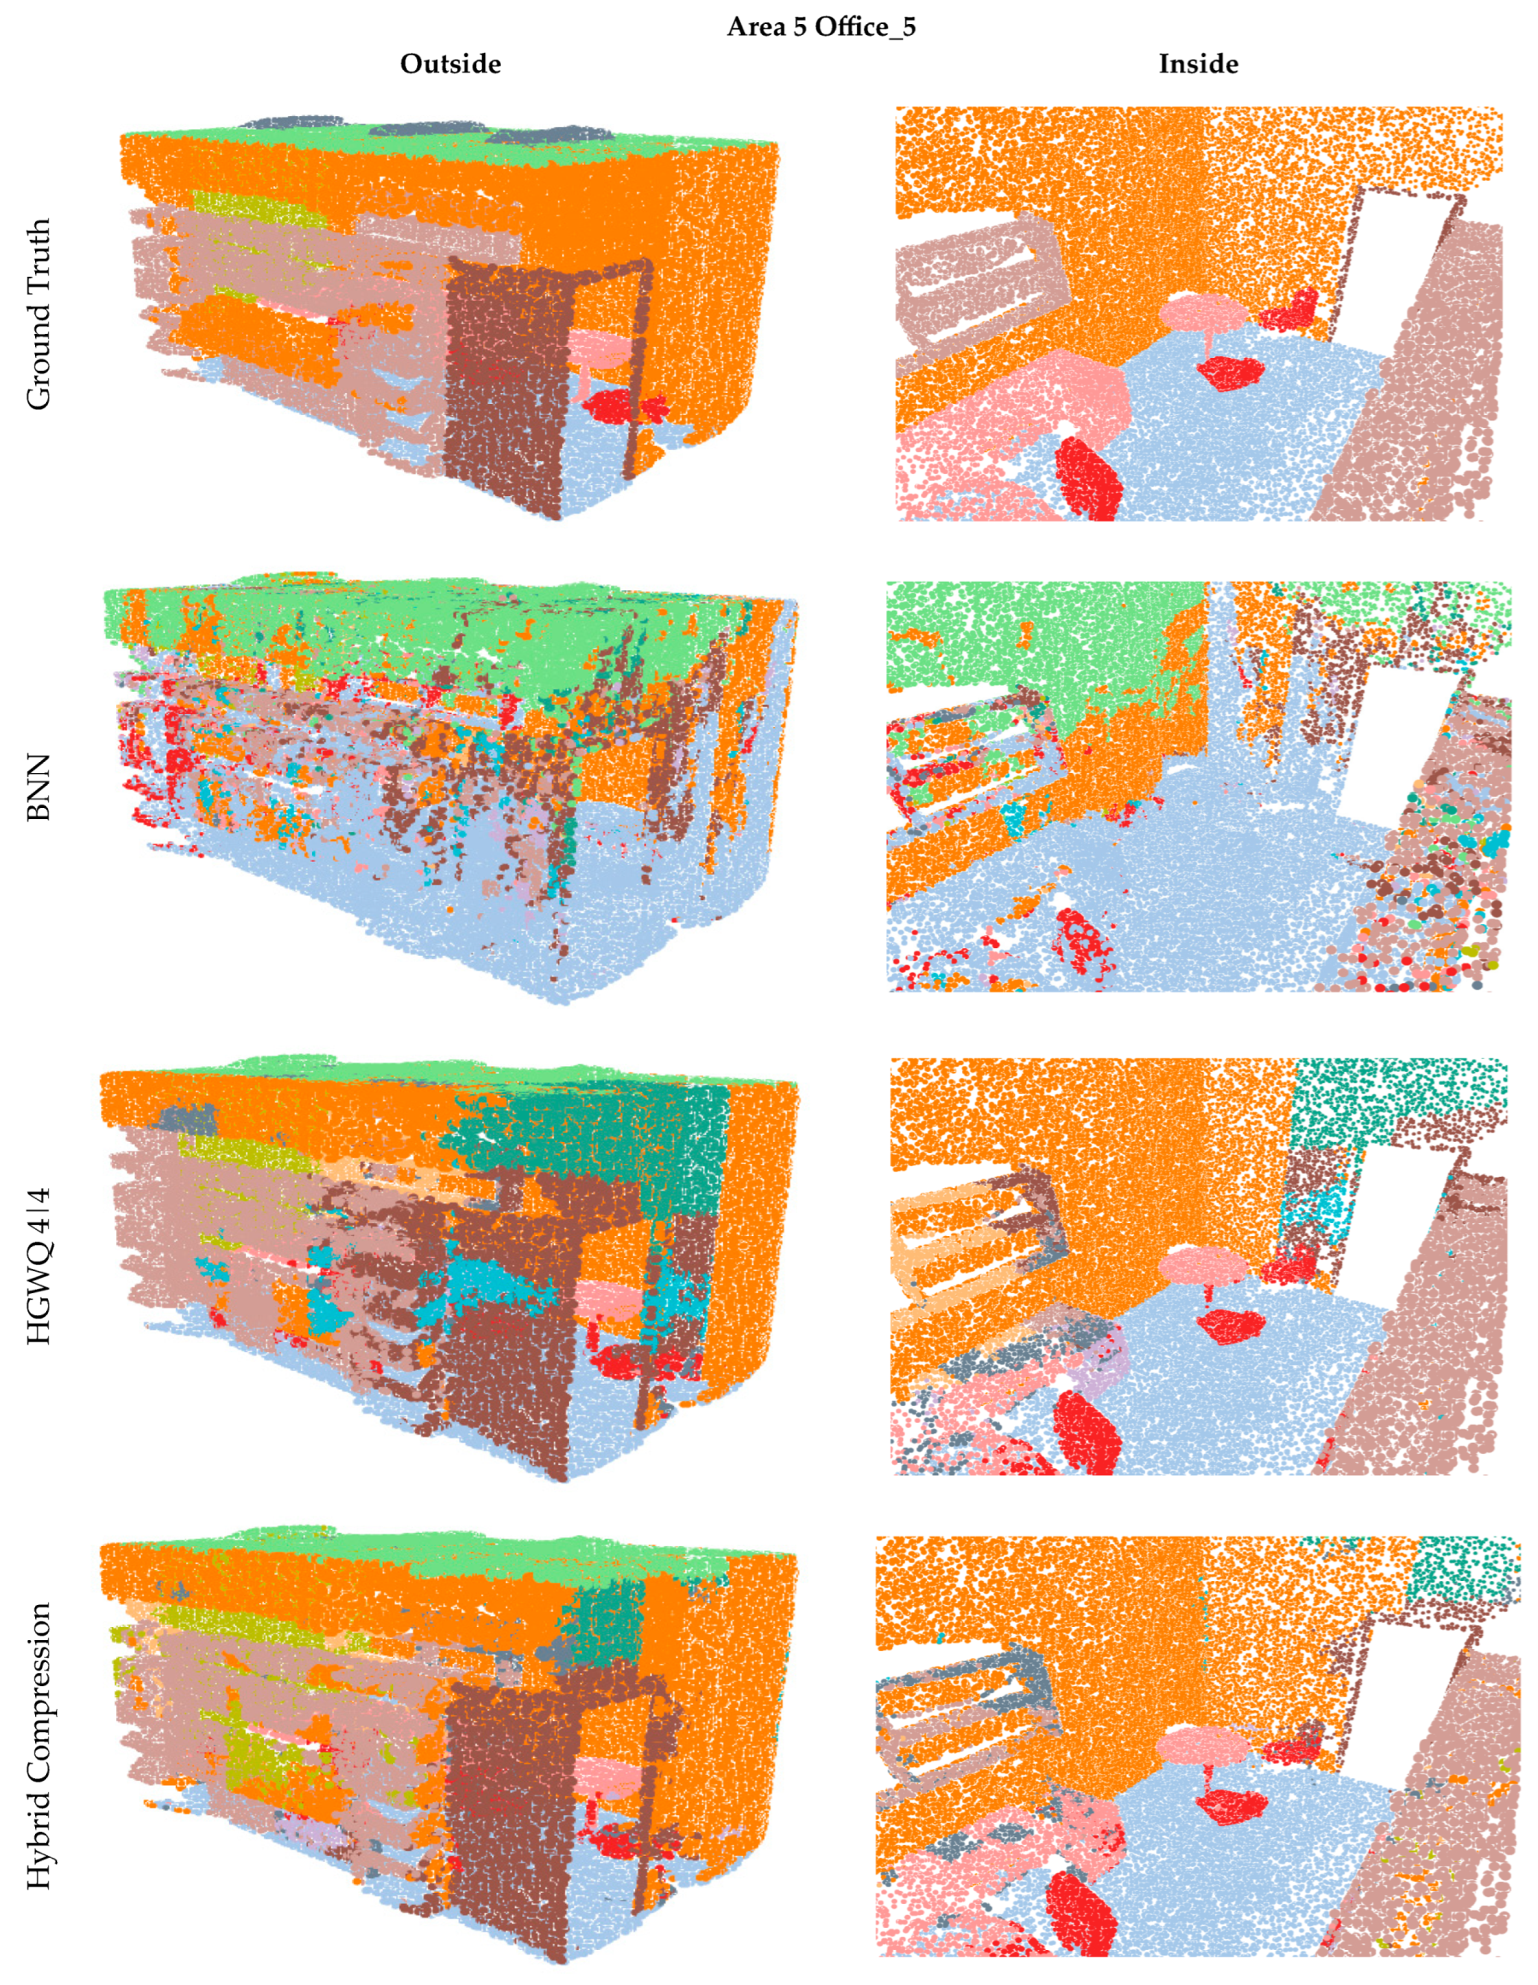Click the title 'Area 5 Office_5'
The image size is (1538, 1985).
[x=820, y=26]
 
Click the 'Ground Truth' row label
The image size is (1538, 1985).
[x=38, y=313]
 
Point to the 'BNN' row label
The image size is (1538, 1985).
[x=38, y=788]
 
